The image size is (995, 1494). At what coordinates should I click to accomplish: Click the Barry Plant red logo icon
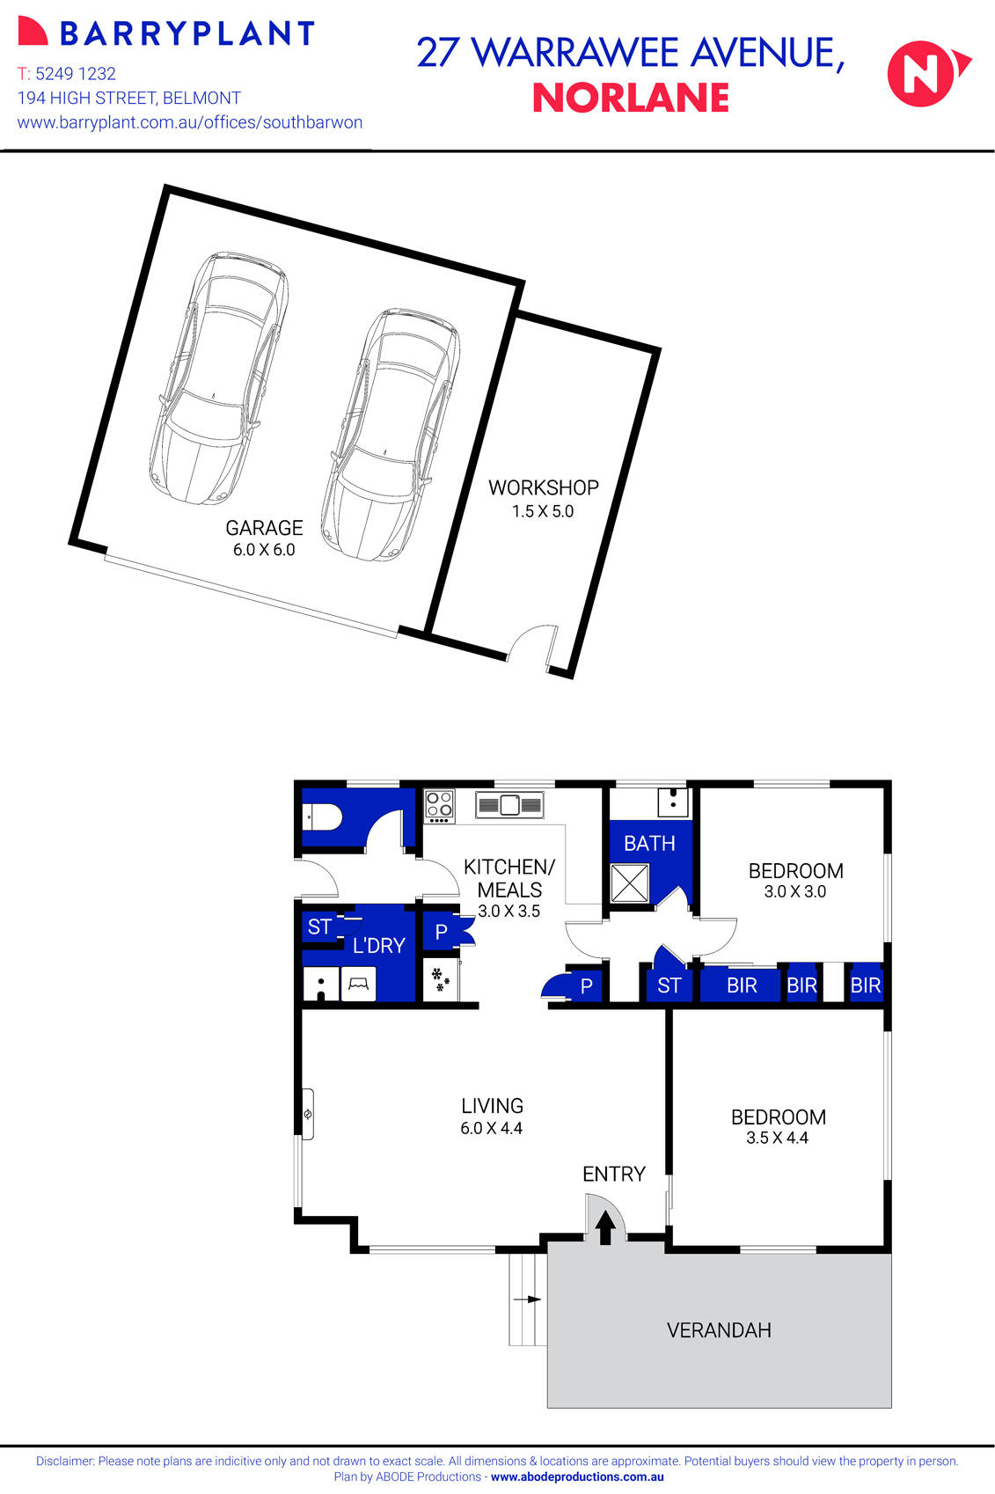click(33, 32)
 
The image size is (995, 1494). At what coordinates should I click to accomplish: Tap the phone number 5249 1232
click(75, 74)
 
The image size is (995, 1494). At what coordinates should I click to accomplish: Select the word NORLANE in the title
click(631, 98)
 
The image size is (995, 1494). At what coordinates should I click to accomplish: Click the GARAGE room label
click(264, 528)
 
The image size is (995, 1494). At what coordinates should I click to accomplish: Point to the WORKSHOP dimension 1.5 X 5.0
click(543, 511)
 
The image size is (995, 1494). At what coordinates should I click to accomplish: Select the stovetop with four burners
click(440, 805)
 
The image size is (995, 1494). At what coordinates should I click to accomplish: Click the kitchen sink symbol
click(509, 804)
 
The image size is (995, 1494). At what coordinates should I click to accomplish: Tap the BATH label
click(649, 843)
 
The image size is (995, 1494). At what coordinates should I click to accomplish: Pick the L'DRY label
click(378, 945)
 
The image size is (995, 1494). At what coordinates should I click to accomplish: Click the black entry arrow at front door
click(606, 1227)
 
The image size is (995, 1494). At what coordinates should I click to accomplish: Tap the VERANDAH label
click(719, 1329)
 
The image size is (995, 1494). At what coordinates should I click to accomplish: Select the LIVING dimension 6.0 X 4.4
click(491, 1128)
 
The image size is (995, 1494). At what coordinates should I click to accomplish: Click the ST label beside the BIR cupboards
click(669, 985)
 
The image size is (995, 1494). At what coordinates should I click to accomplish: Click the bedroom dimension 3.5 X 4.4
click(777, 1138)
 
